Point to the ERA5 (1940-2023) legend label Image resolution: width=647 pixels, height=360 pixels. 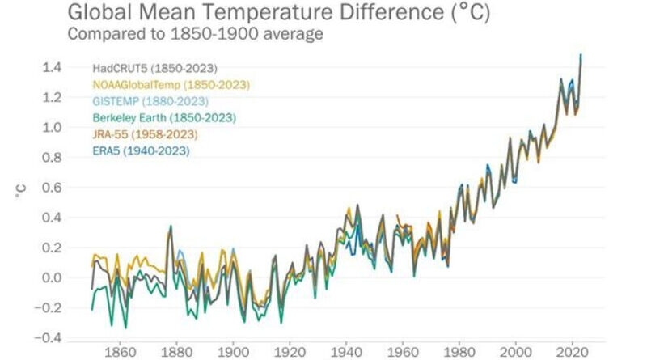point(134,150)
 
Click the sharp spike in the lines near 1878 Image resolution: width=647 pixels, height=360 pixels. point(170,227)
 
